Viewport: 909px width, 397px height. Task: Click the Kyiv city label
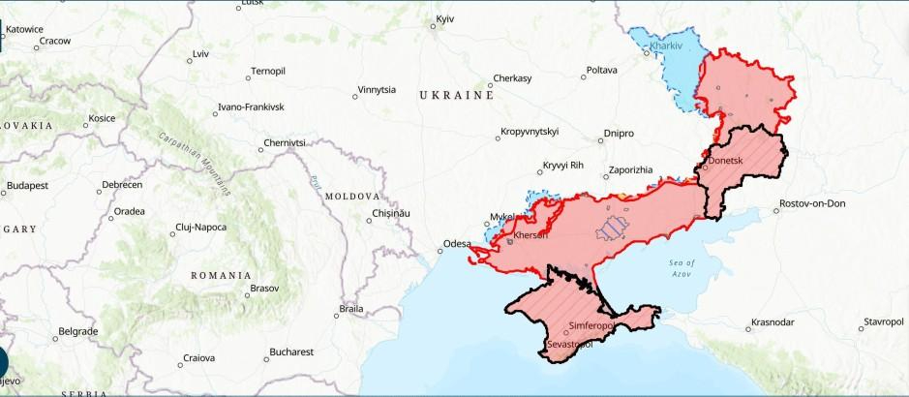[x=445, y=19]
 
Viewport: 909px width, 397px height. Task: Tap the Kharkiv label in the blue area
[x=667, y=46]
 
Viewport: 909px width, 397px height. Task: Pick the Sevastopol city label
[x=569, y=344]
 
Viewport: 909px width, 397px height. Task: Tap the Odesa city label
[x=456, y=243]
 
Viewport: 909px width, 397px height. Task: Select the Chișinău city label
[x=392, y=213]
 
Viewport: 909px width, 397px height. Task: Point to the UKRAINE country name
[x=456, y=96]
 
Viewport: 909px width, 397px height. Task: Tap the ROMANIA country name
[x=221, y=275]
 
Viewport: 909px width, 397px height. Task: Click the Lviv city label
[x=200, y=53]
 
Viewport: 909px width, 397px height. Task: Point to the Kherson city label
[x=530, y=235]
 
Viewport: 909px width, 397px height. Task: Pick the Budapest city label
[x=27, y=185]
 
